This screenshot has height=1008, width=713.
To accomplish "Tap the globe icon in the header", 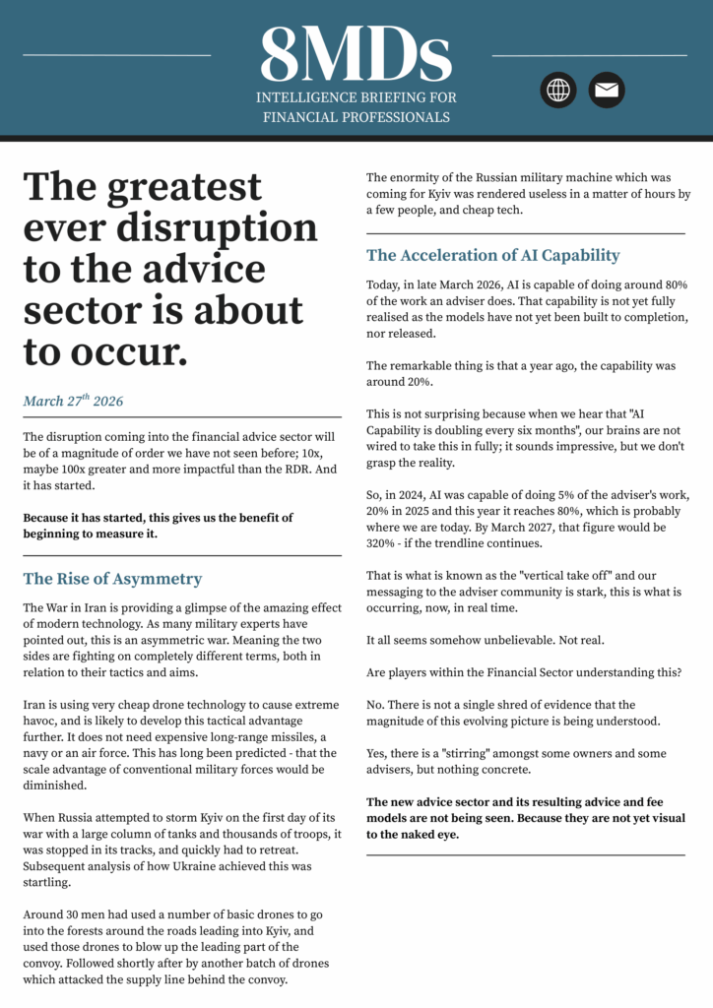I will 558,90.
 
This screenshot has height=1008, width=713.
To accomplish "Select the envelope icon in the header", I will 607,90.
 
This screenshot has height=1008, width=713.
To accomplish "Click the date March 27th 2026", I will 73,402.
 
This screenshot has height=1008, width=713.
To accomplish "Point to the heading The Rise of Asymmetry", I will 112,579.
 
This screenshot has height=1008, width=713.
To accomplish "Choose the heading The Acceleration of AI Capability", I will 492,255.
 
